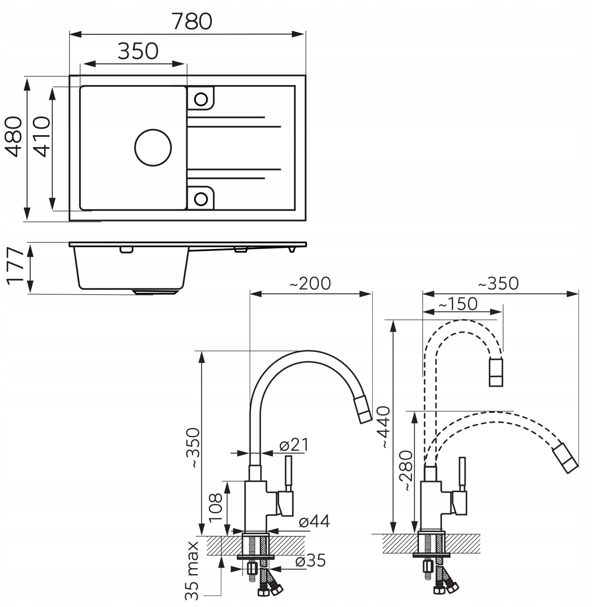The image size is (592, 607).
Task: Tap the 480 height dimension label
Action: (x=14, y=137)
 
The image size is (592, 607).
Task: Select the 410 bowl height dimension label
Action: (x=41, y=137)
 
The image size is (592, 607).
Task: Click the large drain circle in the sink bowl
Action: (x=153, y=148)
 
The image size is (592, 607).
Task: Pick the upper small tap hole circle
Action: (x=201, y=99)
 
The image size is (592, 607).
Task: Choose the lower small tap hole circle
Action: (x=201, y=198)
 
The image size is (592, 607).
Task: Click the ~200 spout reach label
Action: (x=310, y=284)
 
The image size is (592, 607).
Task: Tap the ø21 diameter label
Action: (x=294, y=445)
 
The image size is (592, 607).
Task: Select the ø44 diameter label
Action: (x=314, y=521)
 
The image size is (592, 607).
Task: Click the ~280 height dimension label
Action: (x=407, y=470)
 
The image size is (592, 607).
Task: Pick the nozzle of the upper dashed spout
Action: (x=496, y=372)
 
